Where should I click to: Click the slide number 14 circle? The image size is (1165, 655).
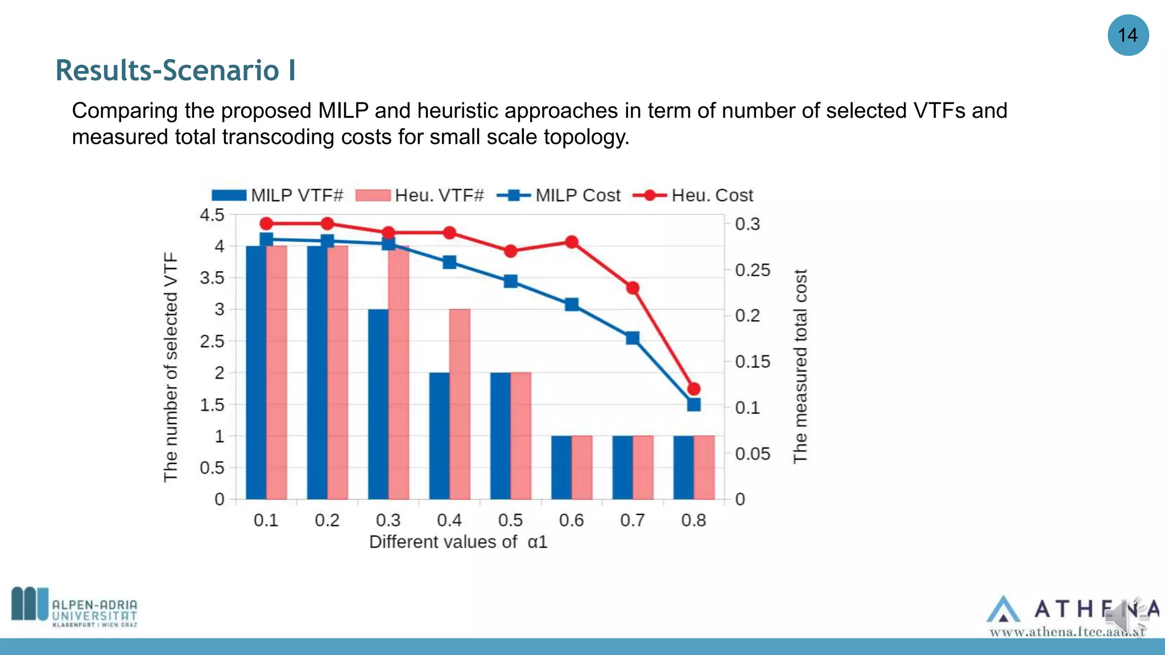1127,35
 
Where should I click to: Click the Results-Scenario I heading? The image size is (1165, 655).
175,71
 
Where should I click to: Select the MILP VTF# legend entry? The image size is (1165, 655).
278,196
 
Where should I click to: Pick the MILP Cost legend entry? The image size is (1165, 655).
559,196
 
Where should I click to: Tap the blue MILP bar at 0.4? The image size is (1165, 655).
439,436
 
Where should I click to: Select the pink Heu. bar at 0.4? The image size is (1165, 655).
460,404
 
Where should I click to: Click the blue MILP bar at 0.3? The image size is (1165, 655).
378,404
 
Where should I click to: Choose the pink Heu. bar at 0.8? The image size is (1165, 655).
704,467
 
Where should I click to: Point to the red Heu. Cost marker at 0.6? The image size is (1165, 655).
572,242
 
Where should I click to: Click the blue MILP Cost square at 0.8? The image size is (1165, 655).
693,405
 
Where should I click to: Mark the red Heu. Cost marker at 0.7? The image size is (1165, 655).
633,288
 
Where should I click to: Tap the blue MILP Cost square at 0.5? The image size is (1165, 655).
510,281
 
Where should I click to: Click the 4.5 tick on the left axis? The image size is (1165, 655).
212,215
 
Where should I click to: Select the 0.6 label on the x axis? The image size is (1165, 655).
571,520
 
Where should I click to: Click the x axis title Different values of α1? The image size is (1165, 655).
458,542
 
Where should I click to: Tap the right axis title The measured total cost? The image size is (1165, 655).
800,366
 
